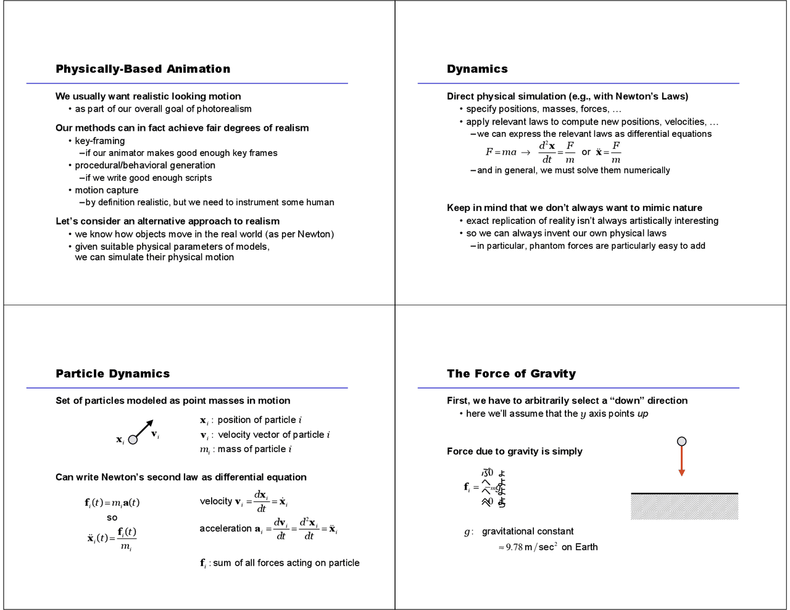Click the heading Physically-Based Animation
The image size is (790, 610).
coord(143,69)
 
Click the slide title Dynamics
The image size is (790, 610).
coord(477,69)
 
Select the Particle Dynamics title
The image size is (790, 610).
coord(112,374)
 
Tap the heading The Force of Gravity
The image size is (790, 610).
coord(511,374)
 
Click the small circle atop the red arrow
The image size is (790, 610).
coord(681,441)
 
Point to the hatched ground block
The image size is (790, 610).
coord(684,507)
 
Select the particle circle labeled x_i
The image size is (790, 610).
coord(133,440)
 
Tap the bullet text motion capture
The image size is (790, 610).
coord(106,190)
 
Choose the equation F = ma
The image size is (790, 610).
coord(501,152)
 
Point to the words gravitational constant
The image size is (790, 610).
coord(527,531)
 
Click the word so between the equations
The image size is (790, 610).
coord(112,517)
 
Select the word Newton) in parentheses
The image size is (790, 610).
coord(315,234)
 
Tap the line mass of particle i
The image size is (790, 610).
coord(254,449)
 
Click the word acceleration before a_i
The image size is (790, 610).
coord(225,529)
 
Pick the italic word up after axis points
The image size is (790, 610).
coord(642,414)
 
